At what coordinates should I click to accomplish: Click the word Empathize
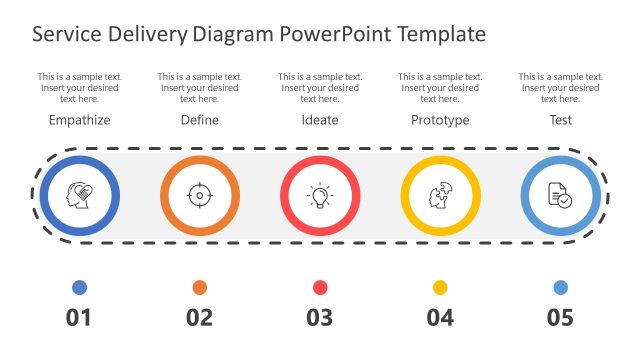pos(79,120)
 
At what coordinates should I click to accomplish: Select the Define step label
pos(200,120)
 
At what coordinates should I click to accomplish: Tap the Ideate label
pos(320,120)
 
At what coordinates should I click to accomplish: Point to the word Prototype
pos(440,120)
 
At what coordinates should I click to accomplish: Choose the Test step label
pos(560,120)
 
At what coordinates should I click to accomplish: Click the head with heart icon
pos(79,195)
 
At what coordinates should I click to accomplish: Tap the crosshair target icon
pos(200,195)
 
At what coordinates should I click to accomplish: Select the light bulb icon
pos(320,195)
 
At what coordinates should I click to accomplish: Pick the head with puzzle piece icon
pos(440,195)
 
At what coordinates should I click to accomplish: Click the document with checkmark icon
pos(560,195)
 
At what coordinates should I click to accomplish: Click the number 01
pos(79,318)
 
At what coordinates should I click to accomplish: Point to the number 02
pos(200,318)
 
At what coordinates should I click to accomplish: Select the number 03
pos(320,318)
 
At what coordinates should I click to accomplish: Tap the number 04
pos(440,318)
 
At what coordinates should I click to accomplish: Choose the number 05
pos(560,318)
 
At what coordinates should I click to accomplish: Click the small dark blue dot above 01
pos(79,288)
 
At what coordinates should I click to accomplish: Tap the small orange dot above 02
pos(200,288)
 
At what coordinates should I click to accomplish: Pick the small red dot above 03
pos(320,288)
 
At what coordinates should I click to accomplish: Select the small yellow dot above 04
pos(440,288)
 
